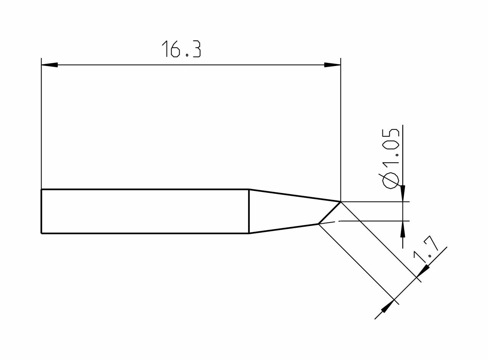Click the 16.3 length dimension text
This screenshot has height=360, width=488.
(181, 49)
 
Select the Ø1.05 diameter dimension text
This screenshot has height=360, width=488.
(390, 158)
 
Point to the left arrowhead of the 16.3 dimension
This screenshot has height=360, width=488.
(50, 65)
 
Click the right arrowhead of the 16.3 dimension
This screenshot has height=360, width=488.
(332, 65)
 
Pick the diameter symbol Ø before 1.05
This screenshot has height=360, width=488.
(390, 180)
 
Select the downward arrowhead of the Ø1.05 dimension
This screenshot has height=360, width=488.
(403, 193)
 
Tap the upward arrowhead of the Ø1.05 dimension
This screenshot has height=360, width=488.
(403, 229)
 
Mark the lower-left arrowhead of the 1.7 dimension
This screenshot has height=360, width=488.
(388, 306)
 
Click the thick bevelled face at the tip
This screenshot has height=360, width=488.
(330, 213)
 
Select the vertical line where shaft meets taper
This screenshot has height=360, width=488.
(249, 211)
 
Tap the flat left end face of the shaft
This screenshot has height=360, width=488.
(41, 211)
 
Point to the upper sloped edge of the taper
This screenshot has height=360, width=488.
(294, 195)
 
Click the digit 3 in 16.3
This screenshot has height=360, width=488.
(196, 49)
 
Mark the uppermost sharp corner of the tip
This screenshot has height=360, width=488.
(340, 202)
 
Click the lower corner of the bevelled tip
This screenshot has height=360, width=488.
(319, 224)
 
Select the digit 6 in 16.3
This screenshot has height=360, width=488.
(175, 49)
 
